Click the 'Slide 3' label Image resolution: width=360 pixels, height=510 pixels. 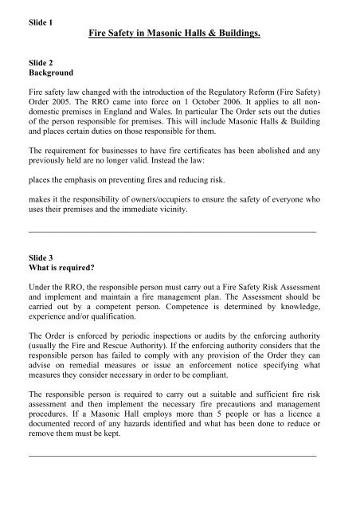(x=40, y=254)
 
